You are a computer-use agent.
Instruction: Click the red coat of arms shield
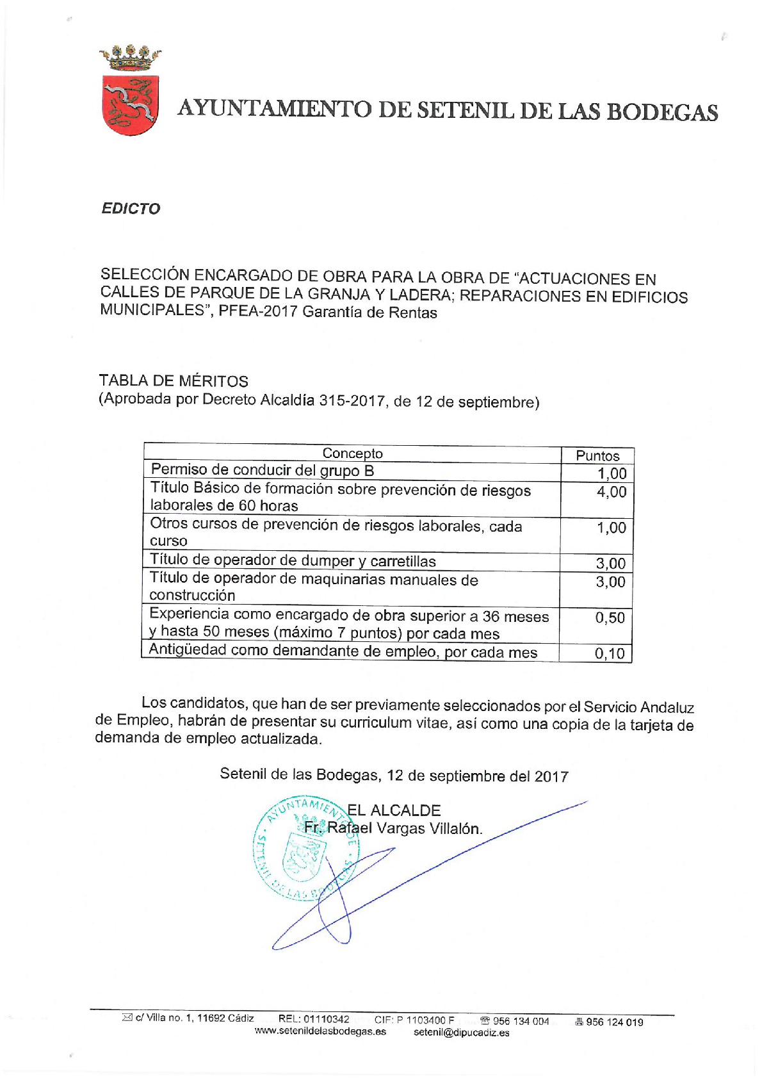coord(130,104)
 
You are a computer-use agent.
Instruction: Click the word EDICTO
coord(131,209)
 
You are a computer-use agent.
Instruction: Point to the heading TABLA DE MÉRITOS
coord(174,381)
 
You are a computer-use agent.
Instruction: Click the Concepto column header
coord(352,453)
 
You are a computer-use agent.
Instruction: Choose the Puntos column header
coord(597,455)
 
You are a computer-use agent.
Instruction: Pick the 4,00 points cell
coord(611,492)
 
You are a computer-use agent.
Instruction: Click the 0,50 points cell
coord(610,617)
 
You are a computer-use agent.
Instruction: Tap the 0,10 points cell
coord(609,653)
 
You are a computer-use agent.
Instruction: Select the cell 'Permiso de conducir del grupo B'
coord(263,470)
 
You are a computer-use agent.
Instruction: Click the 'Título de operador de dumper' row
coord(293,560)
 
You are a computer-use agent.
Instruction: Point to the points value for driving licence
coord(612,473)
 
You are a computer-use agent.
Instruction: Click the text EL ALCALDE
coord(394,810)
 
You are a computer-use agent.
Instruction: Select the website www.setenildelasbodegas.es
coord(320,1031)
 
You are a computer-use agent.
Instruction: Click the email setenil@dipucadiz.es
coord(462,1032)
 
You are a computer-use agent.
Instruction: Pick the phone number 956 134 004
coord(521,1021)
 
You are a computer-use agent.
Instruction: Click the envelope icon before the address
coord(127,1018)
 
